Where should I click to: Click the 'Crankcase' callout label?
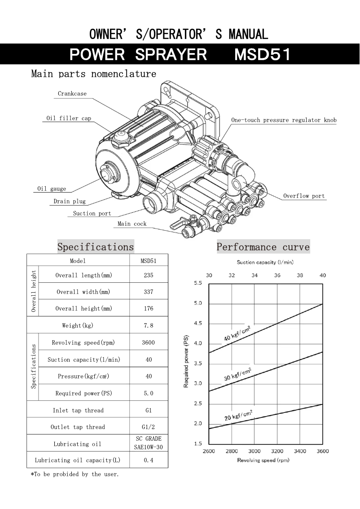tap(72, 94)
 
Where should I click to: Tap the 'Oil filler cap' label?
tap(69, 118)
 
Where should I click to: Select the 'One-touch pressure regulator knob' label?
tap(284, 120)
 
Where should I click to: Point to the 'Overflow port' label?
tap(304, 196)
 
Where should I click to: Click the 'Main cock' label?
tap(132, 224)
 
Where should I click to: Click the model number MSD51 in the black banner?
tap(262, 55)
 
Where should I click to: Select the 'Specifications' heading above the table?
tap(96, 247)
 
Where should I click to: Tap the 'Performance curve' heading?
tap(263, 247)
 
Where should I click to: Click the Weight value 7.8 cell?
tap(149, 325)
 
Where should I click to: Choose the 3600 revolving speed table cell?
tap(149, 342)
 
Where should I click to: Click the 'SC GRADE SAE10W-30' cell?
tap(149, 443)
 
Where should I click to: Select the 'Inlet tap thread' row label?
tap(78, 410)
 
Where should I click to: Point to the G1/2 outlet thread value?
tap(149, 427)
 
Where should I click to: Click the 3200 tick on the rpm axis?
tap(277, 451)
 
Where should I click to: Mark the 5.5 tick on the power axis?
tap(198, 283)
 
